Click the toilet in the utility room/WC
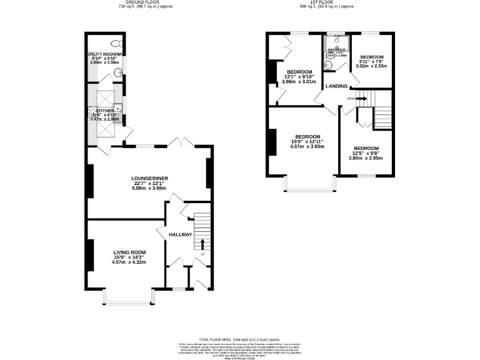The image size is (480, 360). pyautogui.click(x=114, y=43)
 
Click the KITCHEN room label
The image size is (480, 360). pyautogui.click(x=106, y=111)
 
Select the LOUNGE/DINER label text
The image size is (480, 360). pyautogui.click(x=150, y=178)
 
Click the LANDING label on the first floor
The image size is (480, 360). pyautogui.click(x=336, y=86)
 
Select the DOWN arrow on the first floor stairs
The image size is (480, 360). pyautogui.click(x=361, y=97)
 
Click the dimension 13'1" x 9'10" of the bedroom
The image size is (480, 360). pyautogui.click(x=299, y=77)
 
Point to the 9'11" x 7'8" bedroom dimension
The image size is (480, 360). pyautogui.click(x=371, y=61)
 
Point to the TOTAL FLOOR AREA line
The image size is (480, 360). pyautogui.click(x=240, y=337)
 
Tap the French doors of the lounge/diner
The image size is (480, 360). pyautogui.click(x=181, y=144)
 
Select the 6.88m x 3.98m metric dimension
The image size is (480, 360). pyautogui.click(x=150, y=189)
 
